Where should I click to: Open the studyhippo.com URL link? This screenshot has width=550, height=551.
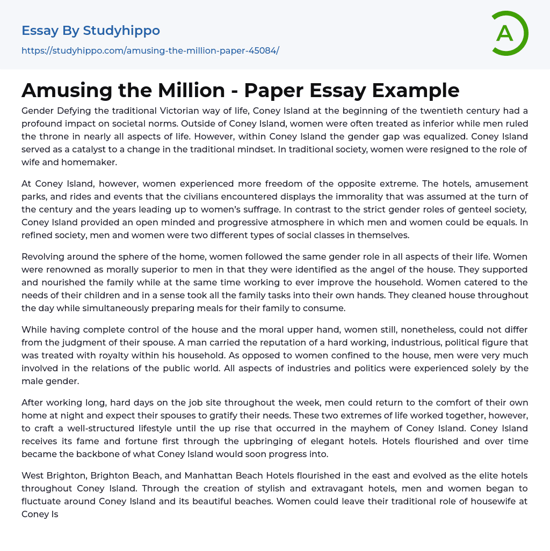click(x=150, y=51)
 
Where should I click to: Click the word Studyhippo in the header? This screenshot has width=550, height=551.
click(x=121, y=31)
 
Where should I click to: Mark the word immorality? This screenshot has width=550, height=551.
click(x=345, y=196)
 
